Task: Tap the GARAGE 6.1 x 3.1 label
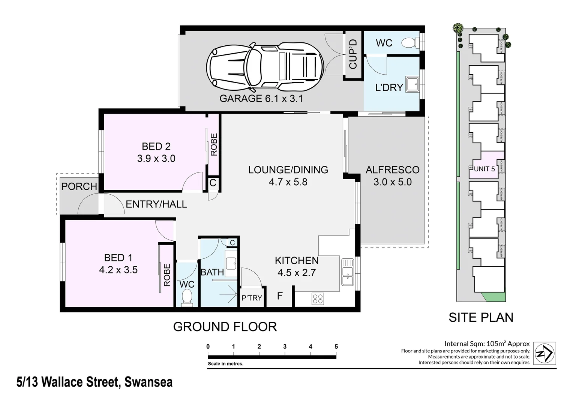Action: coord(261,99)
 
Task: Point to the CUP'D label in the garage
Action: coord(353,55)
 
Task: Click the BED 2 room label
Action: coord(156,146)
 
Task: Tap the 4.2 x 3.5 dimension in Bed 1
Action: coord(118,270)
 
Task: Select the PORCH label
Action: coord(79,186)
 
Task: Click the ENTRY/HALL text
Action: coord(156,204)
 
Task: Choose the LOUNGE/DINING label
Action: coord(288,170)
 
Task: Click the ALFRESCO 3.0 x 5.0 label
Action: coord(392,176)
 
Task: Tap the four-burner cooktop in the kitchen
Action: coord(318,298)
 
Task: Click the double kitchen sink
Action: coord(348,272)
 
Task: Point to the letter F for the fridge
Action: coord(280,296)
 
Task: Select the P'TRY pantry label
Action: coord(252,298)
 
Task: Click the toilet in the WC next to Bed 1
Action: coord(186,298)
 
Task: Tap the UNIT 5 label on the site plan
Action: coord(484,169)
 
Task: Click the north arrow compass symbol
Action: coord(544,353)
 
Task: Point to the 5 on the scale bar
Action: coord(336,346)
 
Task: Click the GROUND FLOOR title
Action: coord(225,327)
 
